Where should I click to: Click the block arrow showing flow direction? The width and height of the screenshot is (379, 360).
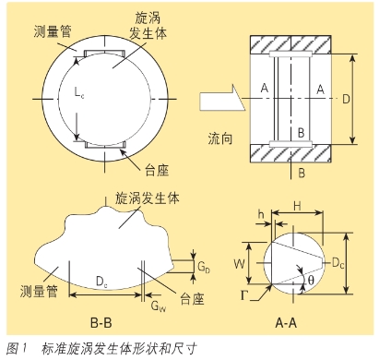[222, 98]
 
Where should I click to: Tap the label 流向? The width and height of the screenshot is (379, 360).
[220, 138]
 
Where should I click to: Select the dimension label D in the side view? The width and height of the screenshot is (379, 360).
[346, 99]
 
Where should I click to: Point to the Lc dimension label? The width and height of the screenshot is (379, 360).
[79, 92]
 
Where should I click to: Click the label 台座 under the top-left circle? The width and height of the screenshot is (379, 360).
[157, 170]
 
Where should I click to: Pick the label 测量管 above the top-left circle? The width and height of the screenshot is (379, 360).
[53, 31]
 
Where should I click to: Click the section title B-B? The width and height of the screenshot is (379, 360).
[101, 323]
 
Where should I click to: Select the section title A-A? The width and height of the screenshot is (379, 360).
[286, 323]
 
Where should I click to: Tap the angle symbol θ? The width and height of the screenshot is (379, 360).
[311, 281]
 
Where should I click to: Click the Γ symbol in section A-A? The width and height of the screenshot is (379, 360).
[244, 295]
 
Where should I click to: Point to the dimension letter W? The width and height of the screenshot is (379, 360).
[239, 264]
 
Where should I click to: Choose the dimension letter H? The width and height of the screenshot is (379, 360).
[297, 206]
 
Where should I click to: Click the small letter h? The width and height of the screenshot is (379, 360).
[261, 214]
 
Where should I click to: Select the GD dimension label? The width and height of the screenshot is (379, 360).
[204, 267]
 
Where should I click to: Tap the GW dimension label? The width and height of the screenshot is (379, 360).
[159, 306]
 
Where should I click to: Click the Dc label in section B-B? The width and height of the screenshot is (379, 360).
[101, 282]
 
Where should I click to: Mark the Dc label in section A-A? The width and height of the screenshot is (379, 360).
[338, 263]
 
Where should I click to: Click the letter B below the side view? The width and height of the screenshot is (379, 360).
[302, 173]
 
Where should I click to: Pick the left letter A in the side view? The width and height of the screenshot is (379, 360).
[265, 88]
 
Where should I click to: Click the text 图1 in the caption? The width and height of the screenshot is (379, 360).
[17, 348]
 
